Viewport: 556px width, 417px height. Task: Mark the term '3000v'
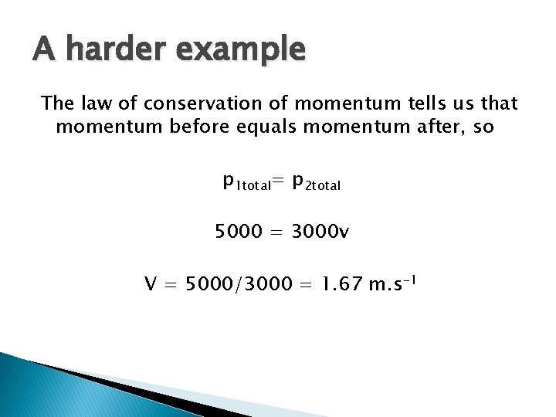point(320,231)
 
